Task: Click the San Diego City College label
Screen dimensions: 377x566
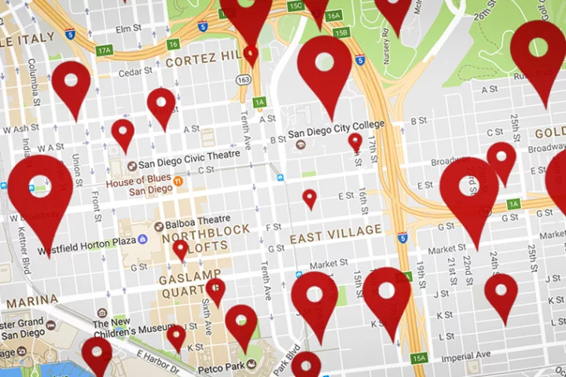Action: pos(336,124)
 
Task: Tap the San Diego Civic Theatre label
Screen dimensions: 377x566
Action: pos(189,164)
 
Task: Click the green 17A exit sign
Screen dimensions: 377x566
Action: pos(105,50)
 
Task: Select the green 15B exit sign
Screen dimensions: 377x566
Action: pos(341,33)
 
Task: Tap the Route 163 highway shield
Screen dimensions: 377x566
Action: pos(244,79)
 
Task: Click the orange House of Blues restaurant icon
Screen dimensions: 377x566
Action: pos(178,182)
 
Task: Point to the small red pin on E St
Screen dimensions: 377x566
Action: pos(310,198)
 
